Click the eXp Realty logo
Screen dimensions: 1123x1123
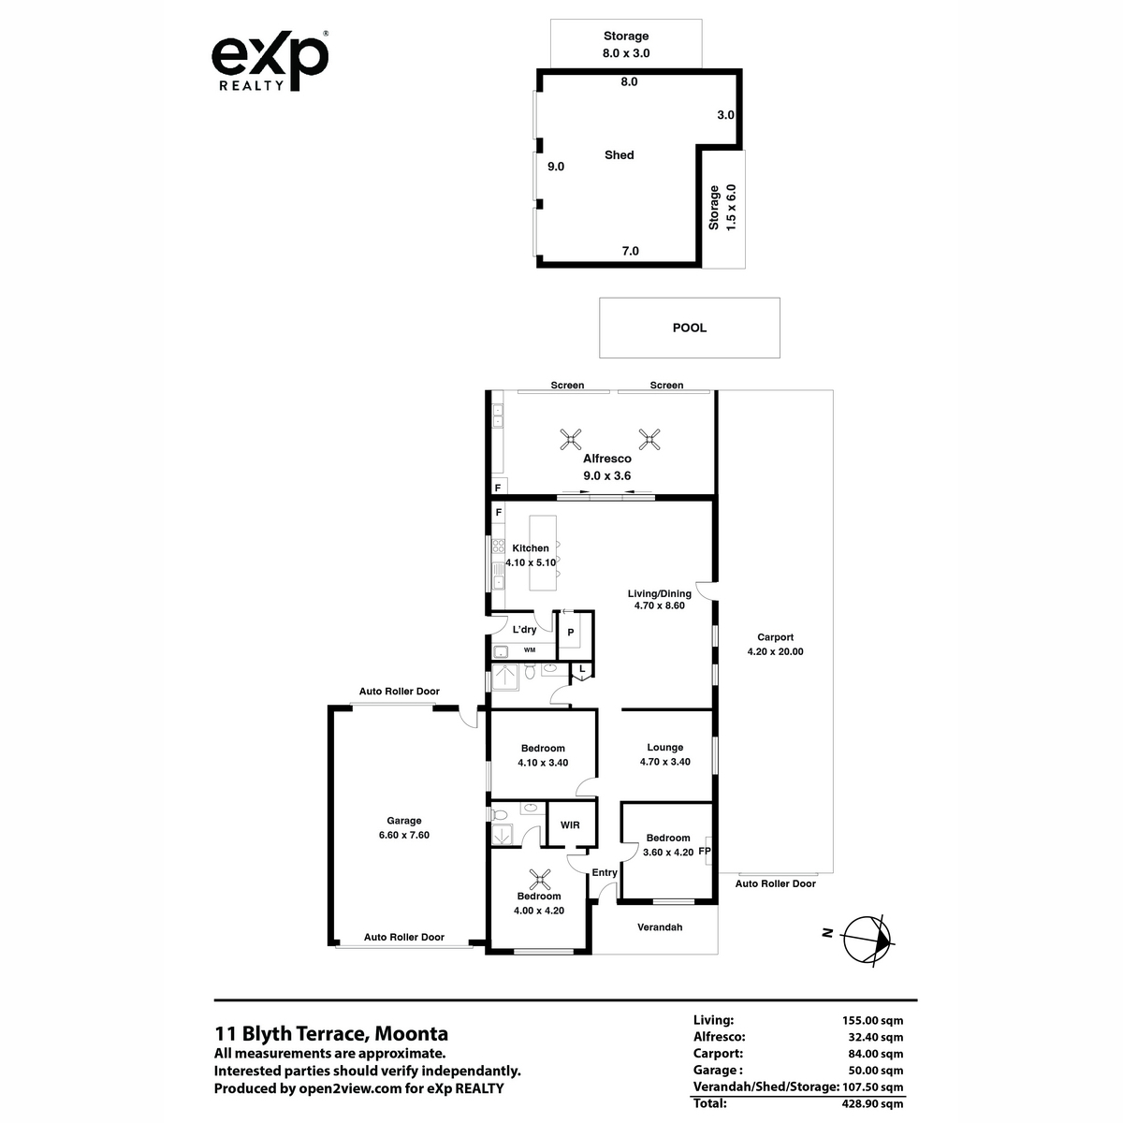(x=270, y=61)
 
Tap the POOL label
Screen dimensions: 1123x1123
(x=690, y=328)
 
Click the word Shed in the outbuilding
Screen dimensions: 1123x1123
(x=619, y=155)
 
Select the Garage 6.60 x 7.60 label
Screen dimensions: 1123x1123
(x=404, y=827)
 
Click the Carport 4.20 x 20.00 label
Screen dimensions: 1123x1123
(x=775, y=644)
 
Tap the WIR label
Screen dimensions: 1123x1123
(x=570, y=824)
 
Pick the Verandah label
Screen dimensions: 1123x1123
(x=660, y=926)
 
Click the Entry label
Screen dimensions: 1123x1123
(x=605, y=872)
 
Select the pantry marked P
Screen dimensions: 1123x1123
(x=571, y=633)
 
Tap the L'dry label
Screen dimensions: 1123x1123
(x=524, y=630)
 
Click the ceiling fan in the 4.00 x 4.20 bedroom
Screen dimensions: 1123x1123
(x=540, y=879)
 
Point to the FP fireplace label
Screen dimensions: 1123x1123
(x=704, y=852)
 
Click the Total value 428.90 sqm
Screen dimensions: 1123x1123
(x=872, y=1103)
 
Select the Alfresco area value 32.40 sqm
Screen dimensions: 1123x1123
(x=875, y=1037)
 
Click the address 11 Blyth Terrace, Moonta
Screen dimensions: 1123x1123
(x=331, y=1033)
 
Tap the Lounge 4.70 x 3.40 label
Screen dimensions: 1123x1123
(x=665, y=754)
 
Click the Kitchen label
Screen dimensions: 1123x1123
(x=531, y=547)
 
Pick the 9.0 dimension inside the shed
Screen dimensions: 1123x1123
(x=555, y=167)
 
